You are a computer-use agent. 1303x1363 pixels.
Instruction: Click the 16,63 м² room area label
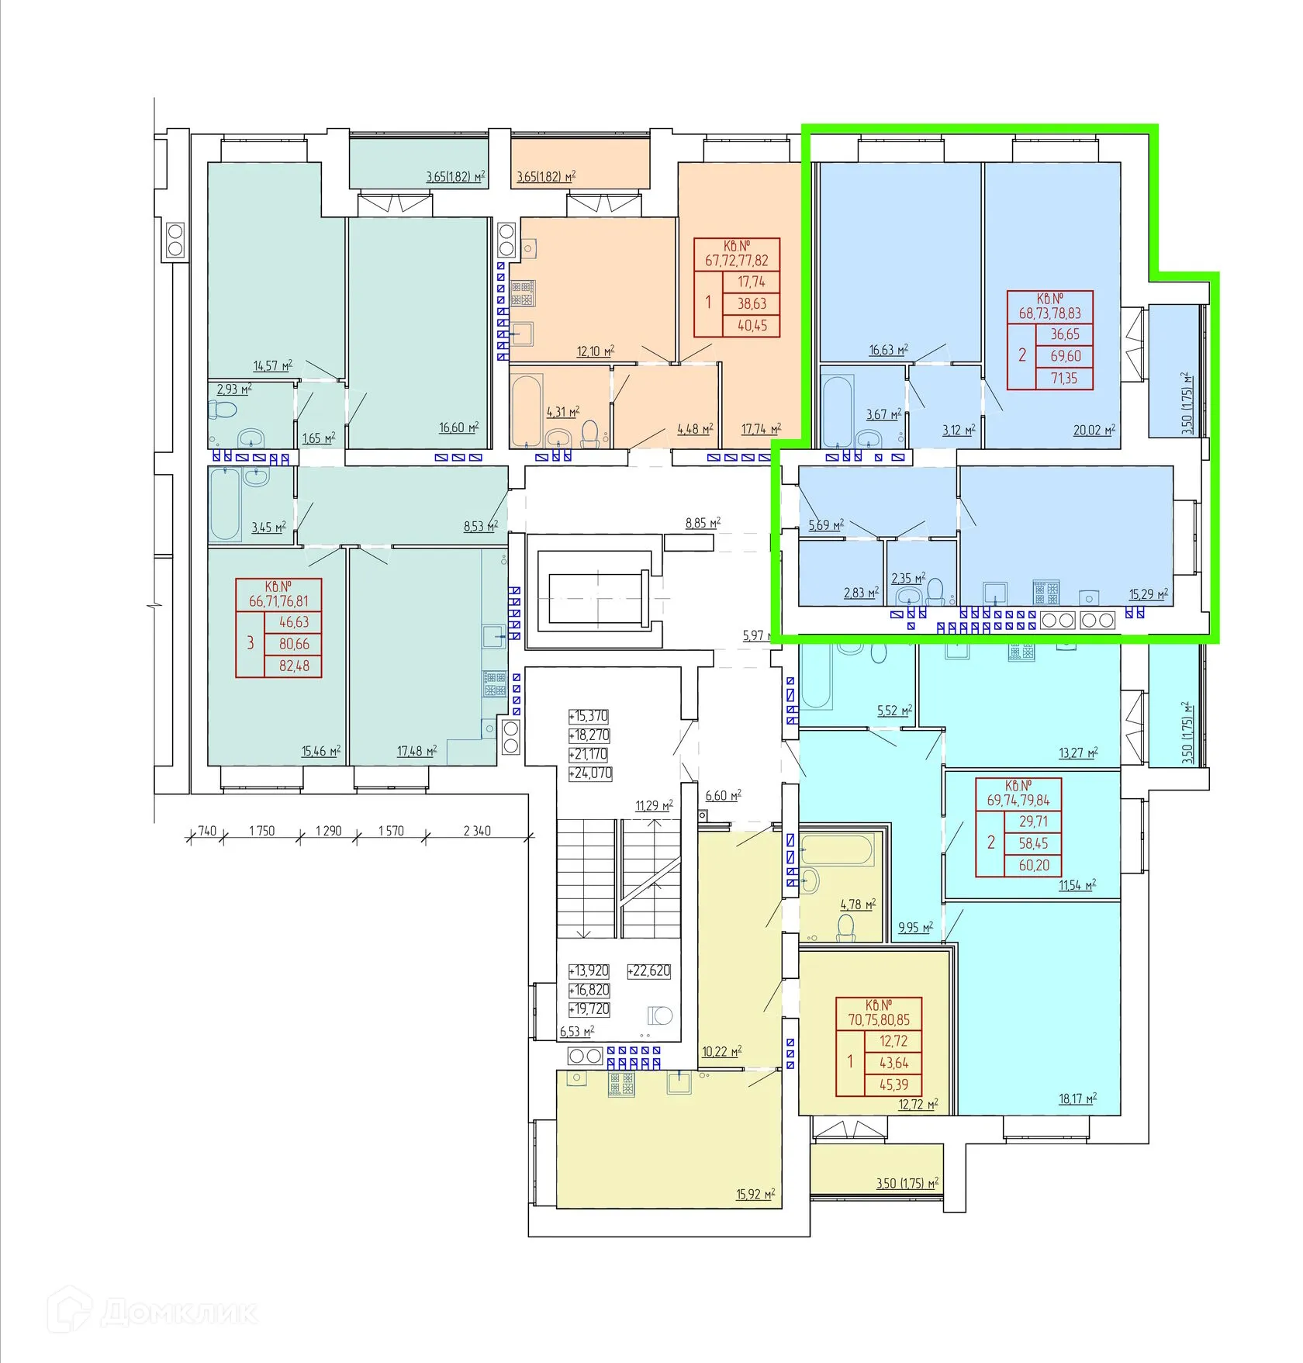[x=888, y=350]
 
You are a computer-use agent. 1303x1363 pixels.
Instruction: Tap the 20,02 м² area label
[x=1094, y=430]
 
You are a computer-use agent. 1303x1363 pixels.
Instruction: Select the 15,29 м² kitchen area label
[x=1149, y=595]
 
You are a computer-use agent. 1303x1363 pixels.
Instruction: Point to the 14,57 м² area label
[x=273, y=365]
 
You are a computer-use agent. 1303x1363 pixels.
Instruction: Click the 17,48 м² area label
[x=417, y=751]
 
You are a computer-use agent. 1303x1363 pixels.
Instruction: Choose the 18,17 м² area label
[x=1078, y=1098]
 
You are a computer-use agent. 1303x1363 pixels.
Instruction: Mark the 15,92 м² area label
[x=755, y=1194]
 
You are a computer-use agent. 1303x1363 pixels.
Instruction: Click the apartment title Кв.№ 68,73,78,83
[x=1050, y=306]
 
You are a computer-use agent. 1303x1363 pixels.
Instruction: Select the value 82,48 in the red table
[x=294, y=666]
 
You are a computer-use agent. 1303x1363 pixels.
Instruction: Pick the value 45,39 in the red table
[x=893, y=1085]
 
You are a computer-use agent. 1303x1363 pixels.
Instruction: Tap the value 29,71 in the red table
[x=1033, y=822]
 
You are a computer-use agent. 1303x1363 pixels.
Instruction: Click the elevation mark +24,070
[x=590, y=773]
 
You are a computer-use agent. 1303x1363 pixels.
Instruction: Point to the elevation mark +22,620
[x=649, y=971]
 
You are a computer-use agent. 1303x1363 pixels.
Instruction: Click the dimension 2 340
[x=477, y=831]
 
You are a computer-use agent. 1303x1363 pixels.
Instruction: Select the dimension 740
[x=207, y=831]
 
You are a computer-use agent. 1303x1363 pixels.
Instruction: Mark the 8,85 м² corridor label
[x=703, y=524]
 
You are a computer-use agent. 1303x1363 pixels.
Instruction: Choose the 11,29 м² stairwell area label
[x=654, y=806]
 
